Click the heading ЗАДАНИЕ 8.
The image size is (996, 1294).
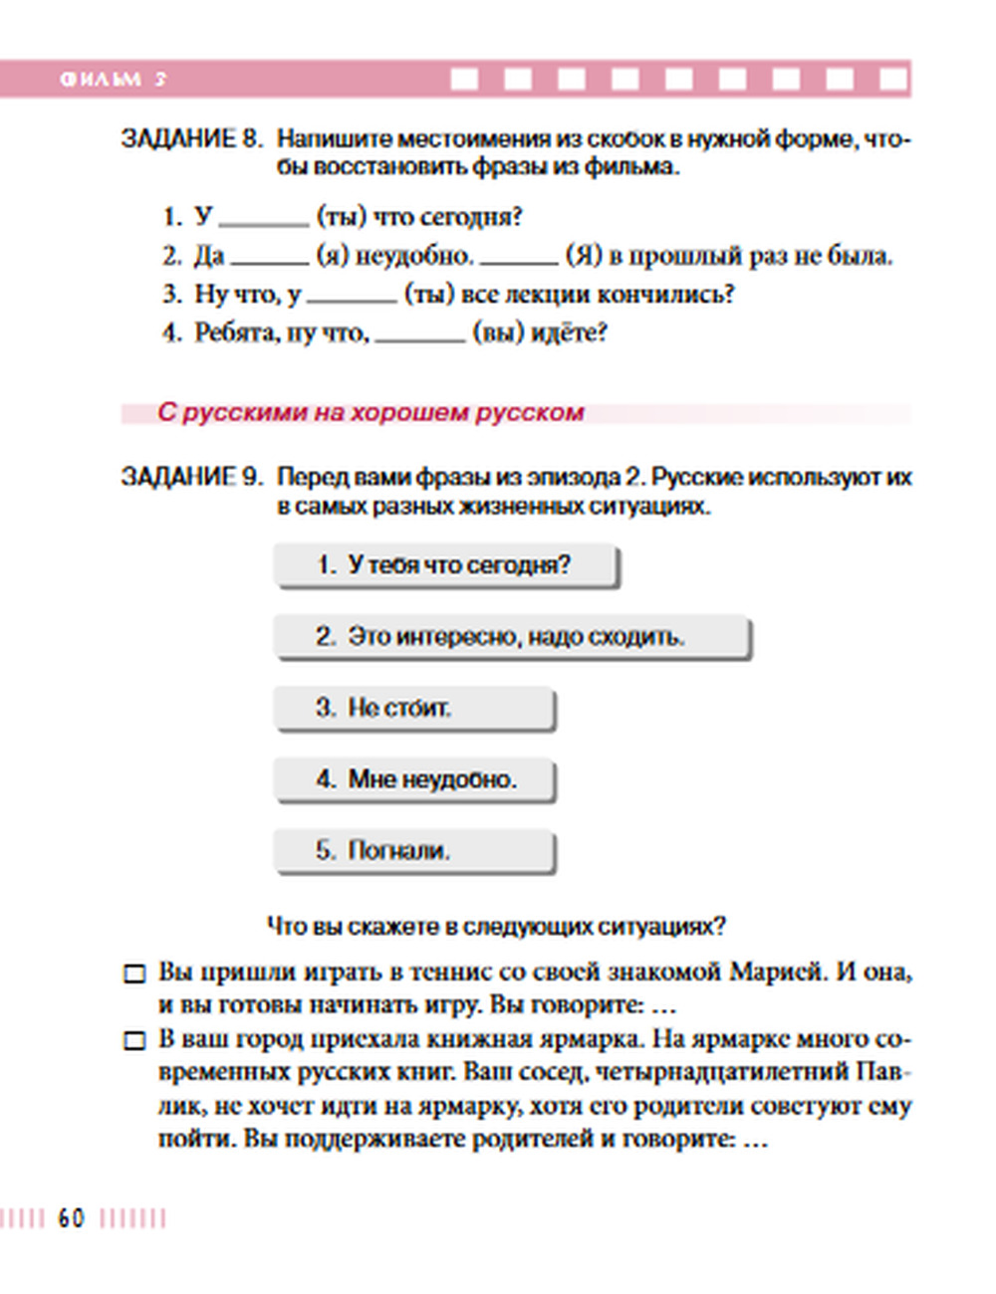pos(191,138)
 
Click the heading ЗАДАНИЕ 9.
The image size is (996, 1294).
pos(191,477)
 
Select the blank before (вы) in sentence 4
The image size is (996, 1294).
pos(419,336)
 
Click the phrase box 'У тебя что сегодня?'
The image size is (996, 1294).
pos(445,565)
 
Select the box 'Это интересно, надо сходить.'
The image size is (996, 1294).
pos(511,637)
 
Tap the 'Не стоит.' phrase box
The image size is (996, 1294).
pos(413,708)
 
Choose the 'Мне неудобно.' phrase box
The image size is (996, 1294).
pos(413,779)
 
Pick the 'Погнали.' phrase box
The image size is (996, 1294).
pos(413,851)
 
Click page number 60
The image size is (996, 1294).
pos(71,1218)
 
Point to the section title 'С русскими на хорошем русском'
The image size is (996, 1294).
pos(371,413)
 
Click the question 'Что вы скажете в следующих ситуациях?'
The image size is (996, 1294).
pos(496,927)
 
